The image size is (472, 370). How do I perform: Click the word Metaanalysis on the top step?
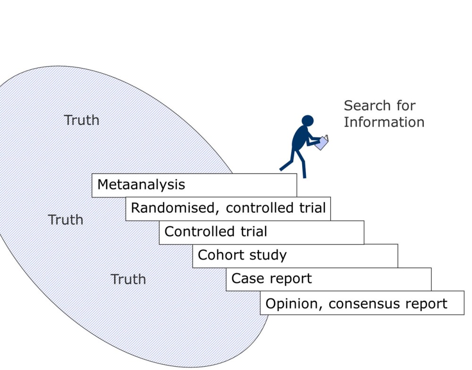point(141,184)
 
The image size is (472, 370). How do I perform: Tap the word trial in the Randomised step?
point(310,208)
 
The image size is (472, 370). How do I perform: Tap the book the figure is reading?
point(322,142)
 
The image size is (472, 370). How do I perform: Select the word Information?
point(384,122)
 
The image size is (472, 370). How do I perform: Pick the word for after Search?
point(405,105)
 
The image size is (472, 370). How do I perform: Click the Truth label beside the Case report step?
point(128,280)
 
